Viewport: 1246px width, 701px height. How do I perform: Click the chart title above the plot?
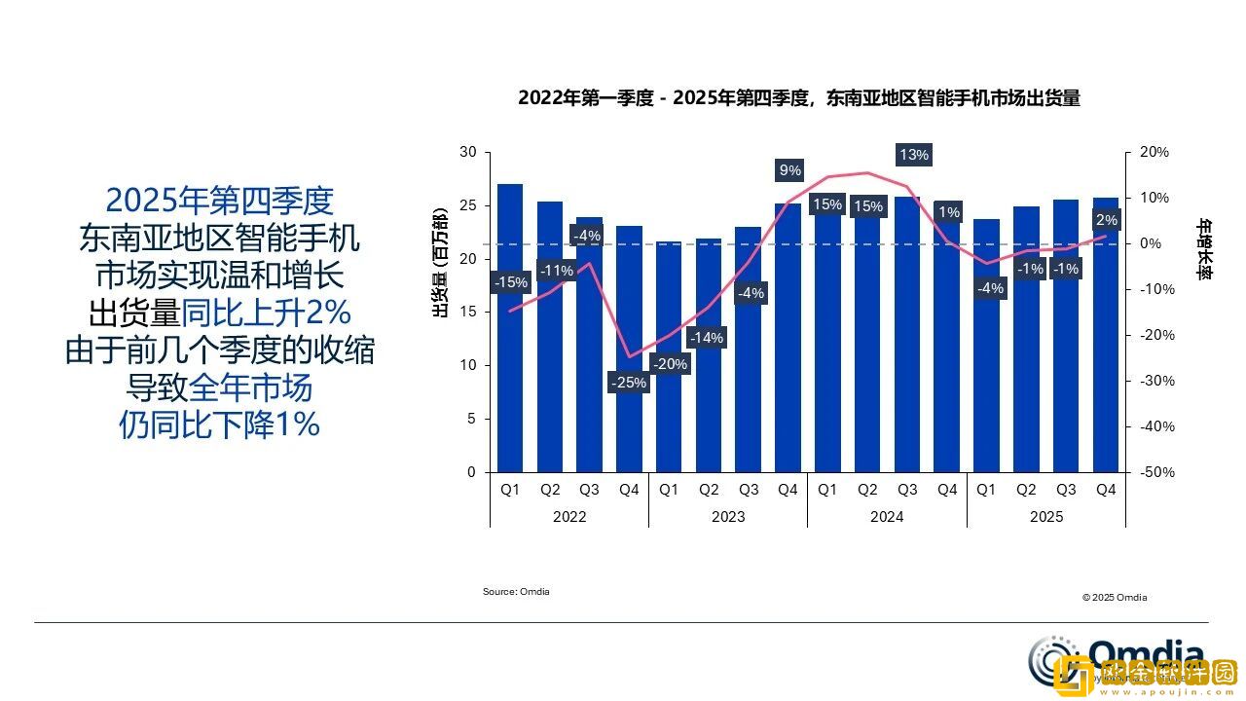point(798,98)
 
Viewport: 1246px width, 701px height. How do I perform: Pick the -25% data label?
point(628,383)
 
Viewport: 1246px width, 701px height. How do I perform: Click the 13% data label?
point(914,155)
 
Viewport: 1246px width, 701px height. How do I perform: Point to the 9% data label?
point(789,170)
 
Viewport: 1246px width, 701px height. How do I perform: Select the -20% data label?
point(669,364)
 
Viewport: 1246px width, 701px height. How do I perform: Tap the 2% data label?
point(1106,220)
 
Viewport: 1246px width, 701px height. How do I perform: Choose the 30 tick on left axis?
point(468,153)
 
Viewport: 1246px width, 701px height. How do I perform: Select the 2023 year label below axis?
point(728,517)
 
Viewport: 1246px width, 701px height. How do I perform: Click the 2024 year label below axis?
point(887,517)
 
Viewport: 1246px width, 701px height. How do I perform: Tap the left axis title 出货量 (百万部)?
point(440,263)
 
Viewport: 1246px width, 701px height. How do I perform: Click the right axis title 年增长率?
point(1204,249)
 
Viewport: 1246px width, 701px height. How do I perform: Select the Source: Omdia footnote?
point(516,592)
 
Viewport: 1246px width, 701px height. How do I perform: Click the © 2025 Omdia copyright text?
point(1114,597)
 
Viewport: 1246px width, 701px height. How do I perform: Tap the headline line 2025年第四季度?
point(219,201)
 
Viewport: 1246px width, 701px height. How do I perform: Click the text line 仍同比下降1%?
point(219,424)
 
